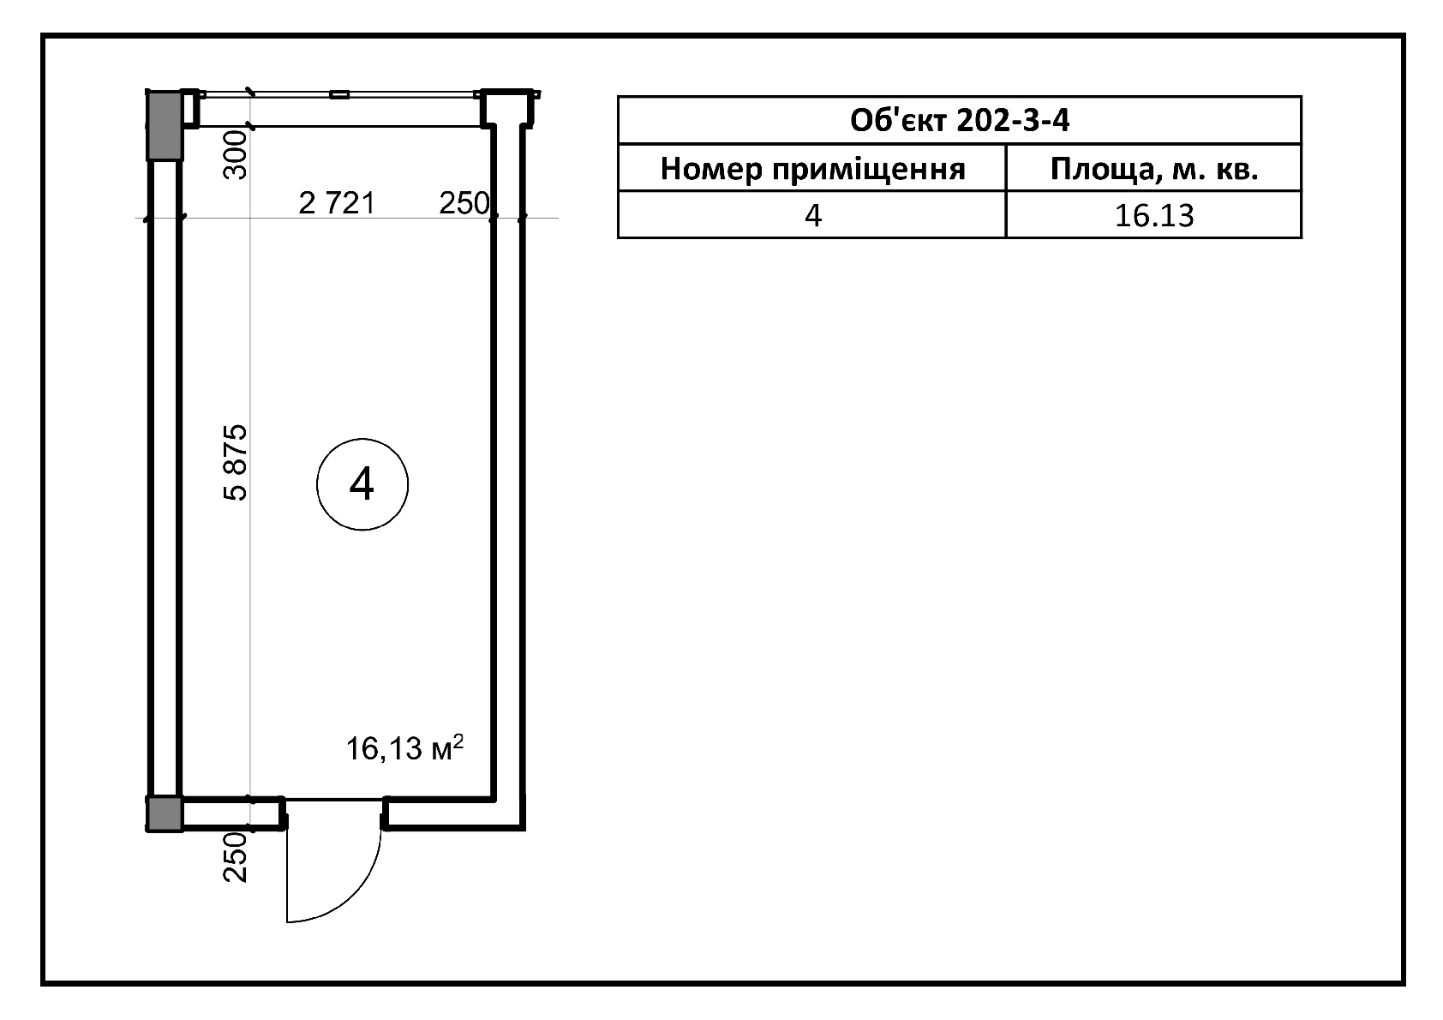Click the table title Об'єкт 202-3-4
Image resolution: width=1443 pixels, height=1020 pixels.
(x=959, y=121)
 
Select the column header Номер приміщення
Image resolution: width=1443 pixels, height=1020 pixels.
(x=812, y=170)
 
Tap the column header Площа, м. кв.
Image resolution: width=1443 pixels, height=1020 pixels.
(x=1153, y=170)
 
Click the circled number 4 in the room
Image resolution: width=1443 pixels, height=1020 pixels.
(x=362, y=484)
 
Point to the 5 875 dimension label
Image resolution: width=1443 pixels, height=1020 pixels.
(x=235, y=462)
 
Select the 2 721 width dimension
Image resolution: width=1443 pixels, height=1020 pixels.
(x=336, y=203)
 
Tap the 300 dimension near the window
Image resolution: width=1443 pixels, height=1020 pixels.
(x=235, y=155)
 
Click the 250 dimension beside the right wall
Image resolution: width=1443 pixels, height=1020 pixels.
(x=464, y=204)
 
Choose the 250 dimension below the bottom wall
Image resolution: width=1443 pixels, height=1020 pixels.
(x=235, y=857)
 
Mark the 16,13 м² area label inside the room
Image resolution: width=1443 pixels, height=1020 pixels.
(x=404, y=748)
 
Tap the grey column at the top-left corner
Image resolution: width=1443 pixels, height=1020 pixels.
(x=165, y=126)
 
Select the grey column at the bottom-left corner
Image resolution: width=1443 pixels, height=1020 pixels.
(x=165, y=813)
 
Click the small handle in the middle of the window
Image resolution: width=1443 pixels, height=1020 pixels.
(x=339, y=95)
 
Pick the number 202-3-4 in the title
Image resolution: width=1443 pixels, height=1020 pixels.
(x=1014, y=121)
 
